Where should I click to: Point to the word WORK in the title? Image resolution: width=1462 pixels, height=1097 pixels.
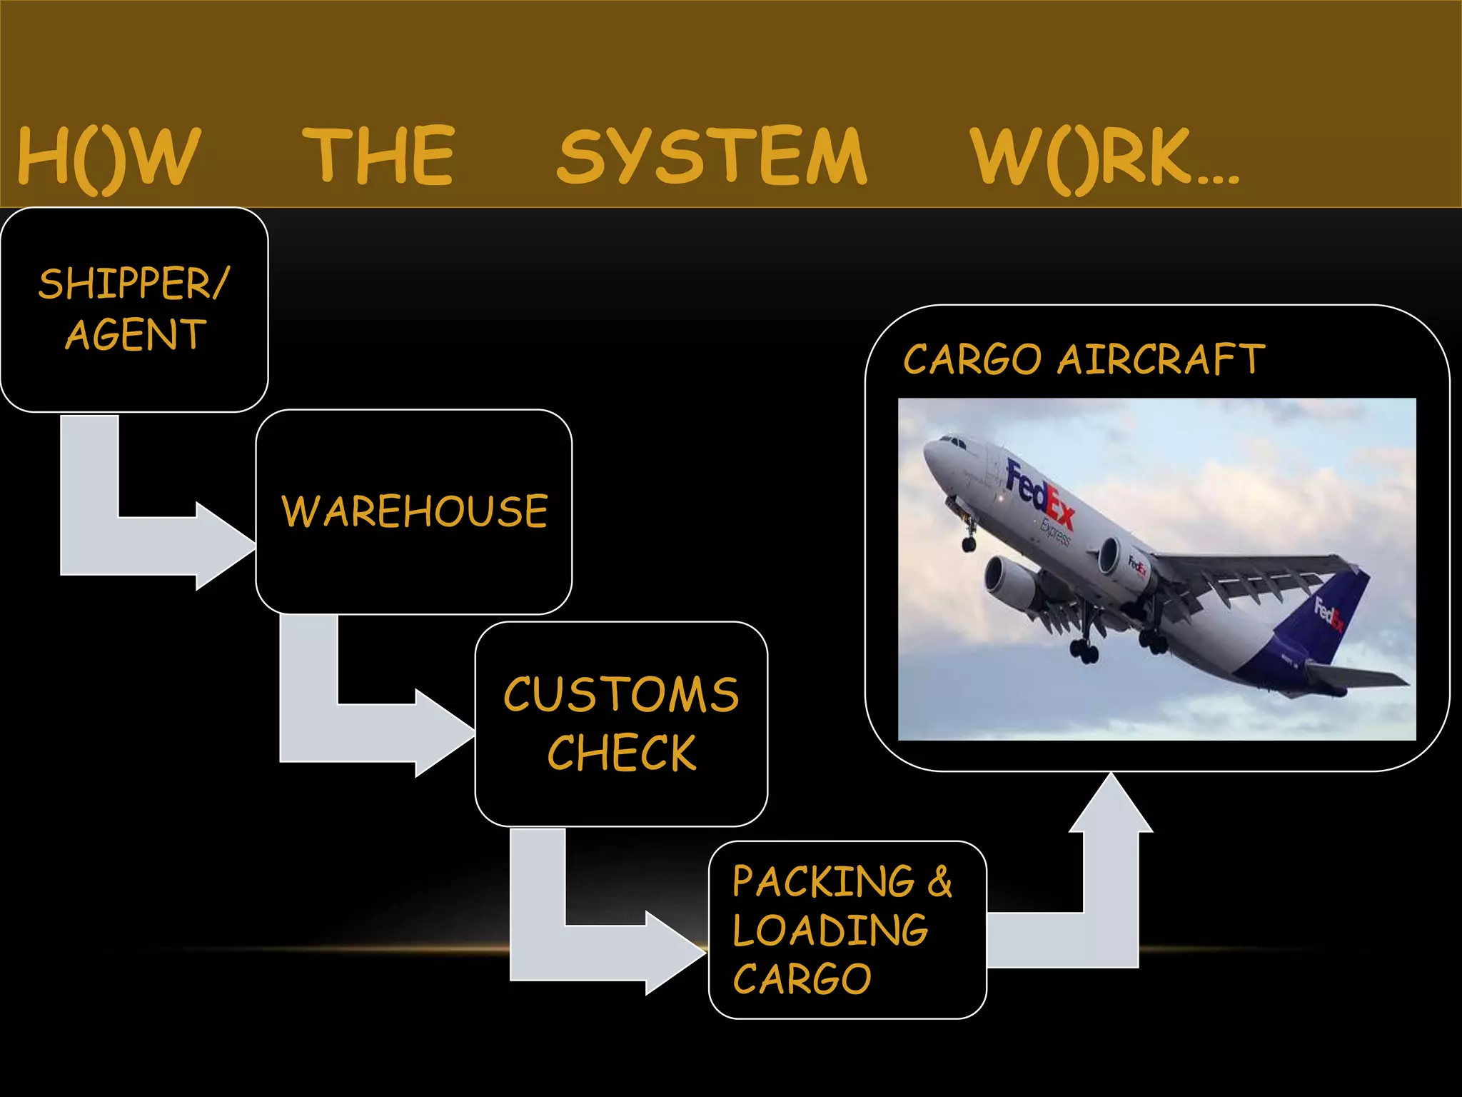tap(1085, 157)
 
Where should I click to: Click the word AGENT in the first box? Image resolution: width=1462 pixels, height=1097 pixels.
tap(136, 335)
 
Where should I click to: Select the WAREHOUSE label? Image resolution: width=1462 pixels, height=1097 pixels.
tap(415, 511)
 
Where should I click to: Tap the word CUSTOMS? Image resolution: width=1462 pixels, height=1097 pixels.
tap(621, 694)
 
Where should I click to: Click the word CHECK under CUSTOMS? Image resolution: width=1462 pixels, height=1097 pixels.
tap(621, 753)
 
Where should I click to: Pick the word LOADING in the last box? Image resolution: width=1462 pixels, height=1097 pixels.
tap(830, 931)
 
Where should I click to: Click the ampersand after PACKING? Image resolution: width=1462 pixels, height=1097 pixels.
tap(939, 882)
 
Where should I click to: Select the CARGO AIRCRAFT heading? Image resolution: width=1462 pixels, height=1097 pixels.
tap(1084, 359)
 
